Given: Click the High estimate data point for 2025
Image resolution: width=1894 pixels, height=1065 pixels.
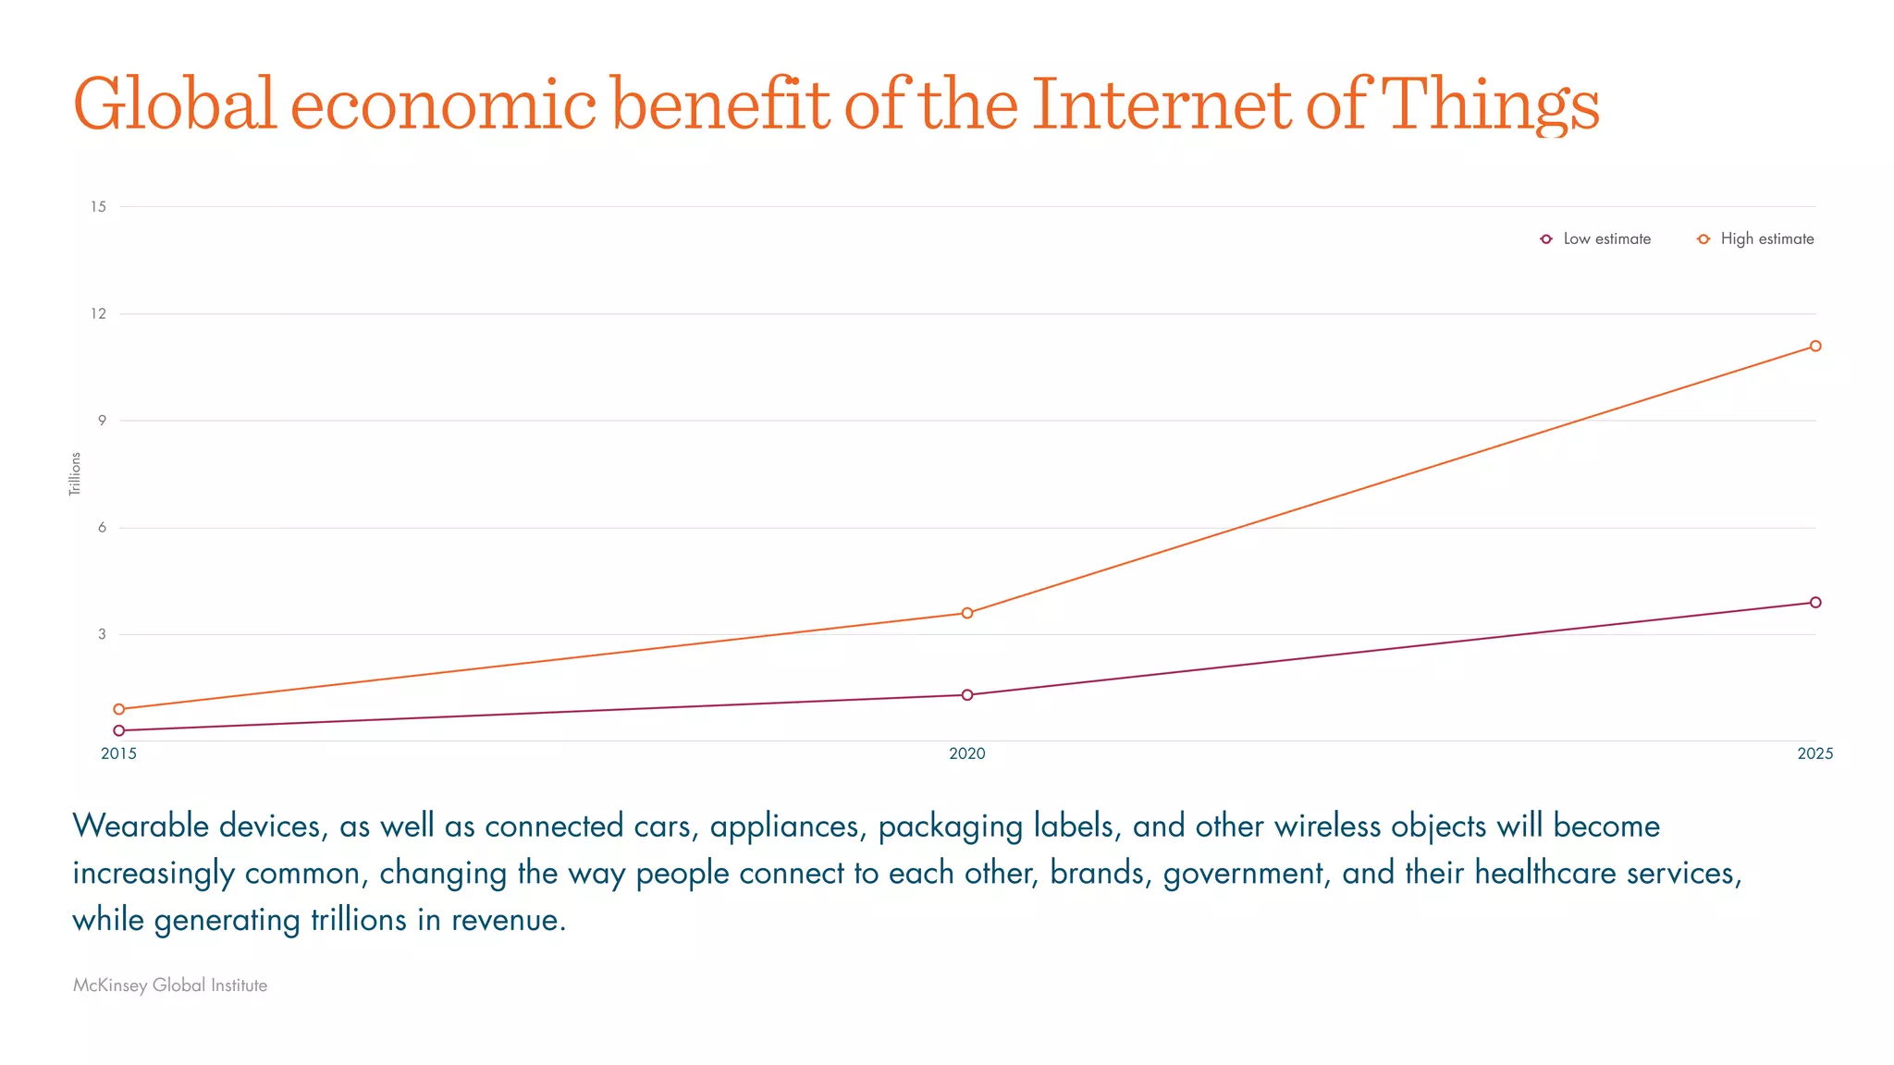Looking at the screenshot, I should coord(1815,346).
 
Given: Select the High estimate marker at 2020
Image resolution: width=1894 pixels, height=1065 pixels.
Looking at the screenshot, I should coord(967,613).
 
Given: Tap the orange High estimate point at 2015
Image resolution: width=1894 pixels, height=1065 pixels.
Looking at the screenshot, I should coord(119,709).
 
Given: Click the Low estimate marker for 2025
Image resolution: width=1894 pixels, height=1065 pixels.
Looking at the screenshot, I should coord(1815,602).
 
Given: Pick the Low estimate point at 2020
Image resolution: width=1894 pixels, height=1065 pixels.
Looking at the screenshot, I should coord(967,694).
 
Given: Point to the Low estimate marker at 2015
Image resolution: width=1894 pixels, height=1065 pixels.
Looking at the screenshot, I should coord(119,730).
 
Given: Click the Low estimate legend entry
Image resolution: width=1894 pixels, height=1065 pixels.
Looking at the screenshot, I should coord(1596,239).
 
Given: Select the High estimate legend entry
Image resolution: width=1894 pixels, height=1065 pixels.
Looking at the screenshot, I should coord(1756,239).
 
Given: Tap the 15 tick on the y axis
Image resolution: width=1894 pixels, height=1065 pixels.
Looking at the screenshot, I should coord(98,206).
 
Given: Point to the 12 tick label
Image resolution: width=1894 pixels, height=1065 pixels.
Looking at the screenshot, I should coord(98,313).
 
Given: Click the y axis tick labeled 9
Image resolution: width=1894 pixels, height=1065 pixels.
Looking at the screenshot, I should coord(102,420).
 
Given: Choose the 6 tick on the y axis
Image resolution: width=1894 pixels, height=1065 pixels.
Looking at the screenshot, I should coord(102,527).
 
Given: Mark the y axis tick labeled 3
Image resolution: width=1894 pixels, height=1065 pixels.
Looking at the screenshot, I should coord(102,633).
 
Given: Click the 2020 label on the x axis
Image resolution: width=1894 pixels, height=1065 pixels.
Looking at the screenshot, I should coord(967,753).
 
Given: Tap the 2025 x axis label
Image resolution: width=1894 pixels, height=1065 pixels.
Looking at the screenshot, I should coord(1814,753).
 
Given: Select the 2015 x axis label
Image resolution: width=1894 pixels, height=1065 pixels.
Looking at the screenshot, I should coord(119,753).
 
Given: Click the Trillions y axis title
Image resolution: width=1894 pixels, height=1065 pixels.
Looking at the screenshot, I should coord(75,473).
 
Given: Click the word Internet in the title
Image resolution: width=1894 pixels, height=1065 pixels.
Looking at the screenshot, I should coord(1162,104).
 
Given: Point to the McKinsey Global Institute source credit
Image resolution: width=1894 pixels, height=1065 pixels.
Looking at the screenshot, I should coord(170,985).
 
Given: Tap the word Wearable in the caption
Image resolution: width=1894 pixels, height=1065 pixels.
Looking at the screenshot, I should coord(141,826).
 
